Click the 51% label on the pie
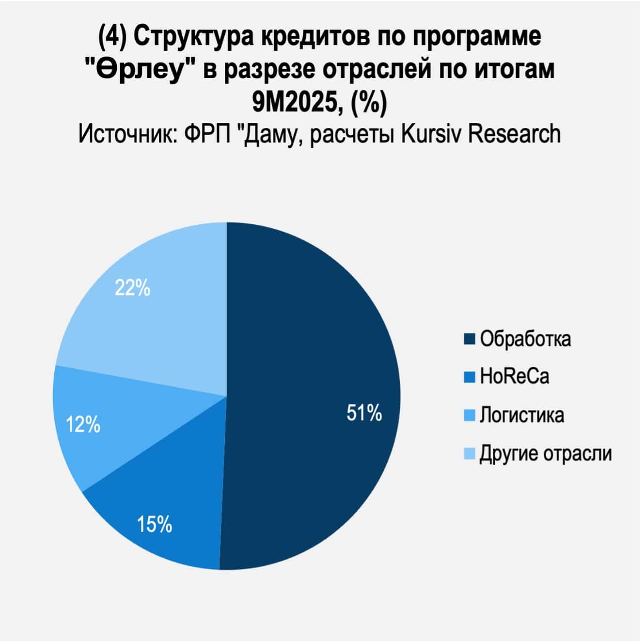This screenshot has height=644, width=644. coord(364,413)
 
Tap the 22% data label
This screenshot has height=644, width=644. coord(132,288)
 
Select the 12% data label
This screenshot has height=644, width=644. coord(83,425)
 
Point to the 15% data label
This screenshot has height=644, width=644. coord(155,524)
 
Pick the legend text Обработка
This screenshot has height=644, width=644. coord(525,339)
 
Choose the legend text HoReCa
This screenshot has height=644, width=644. coord(515,377)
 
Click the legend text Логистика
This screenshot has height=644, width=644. coord(522,415)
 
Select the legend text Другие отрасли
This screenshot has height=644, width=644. coord(546,454)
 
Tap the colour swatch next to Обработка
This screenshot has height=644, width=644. coord(469,339)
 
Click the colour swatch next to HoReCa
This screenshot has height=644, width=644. coord(469,377)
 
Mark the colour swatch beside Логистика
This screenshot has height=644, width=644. coord(469,415)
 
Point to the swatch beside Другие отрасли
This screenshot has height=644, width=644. coord(469,454)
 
